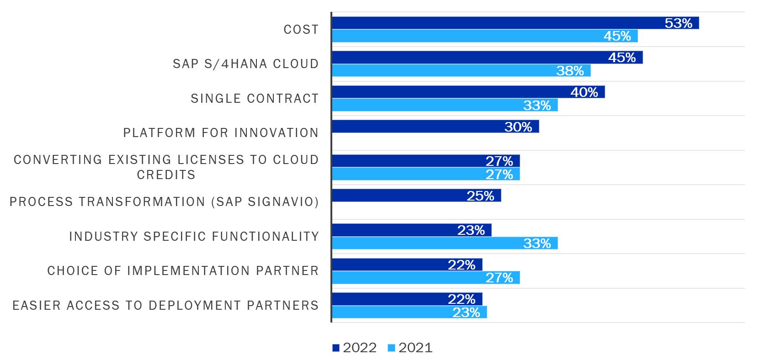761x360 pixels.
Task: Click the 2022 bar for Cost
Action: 515,23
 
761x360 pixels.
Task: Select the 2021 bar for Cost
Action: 484,36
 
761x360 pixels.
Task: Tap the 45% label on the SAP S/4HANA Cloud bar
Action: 622,58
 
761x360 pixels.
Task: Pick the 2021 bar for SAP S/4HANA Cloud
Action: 461,71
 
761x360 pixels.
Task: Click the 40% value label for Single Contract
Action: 584,92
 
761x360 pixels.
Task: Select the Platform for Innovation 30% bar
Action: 435,127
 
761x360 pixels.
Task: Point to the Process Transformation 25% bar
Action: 416,196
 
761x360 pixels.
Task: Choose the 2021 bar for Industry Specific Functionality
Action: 444,243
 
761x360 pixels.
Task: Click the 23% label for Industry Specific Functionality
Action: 471,230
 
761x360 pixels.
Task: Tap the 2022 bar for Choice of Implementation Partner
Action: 407,265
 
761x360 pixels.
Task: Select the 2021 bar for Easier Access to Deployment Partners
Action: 409,312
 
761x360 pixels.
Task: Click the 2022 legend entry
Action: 355,348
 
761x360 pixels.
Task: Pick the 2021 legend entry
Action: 410,348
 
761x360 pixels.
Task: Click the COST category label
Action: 301,30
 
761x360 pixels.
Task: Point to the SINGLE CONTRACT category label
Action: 255,99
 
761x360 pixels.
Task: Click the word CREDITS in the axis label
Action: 166,175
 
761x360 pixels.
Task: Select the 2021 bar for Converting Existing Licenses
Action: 425,174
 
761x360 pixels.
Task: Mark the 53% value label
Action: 678,23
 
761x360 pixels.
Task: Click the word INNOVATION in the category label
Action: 277,133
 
